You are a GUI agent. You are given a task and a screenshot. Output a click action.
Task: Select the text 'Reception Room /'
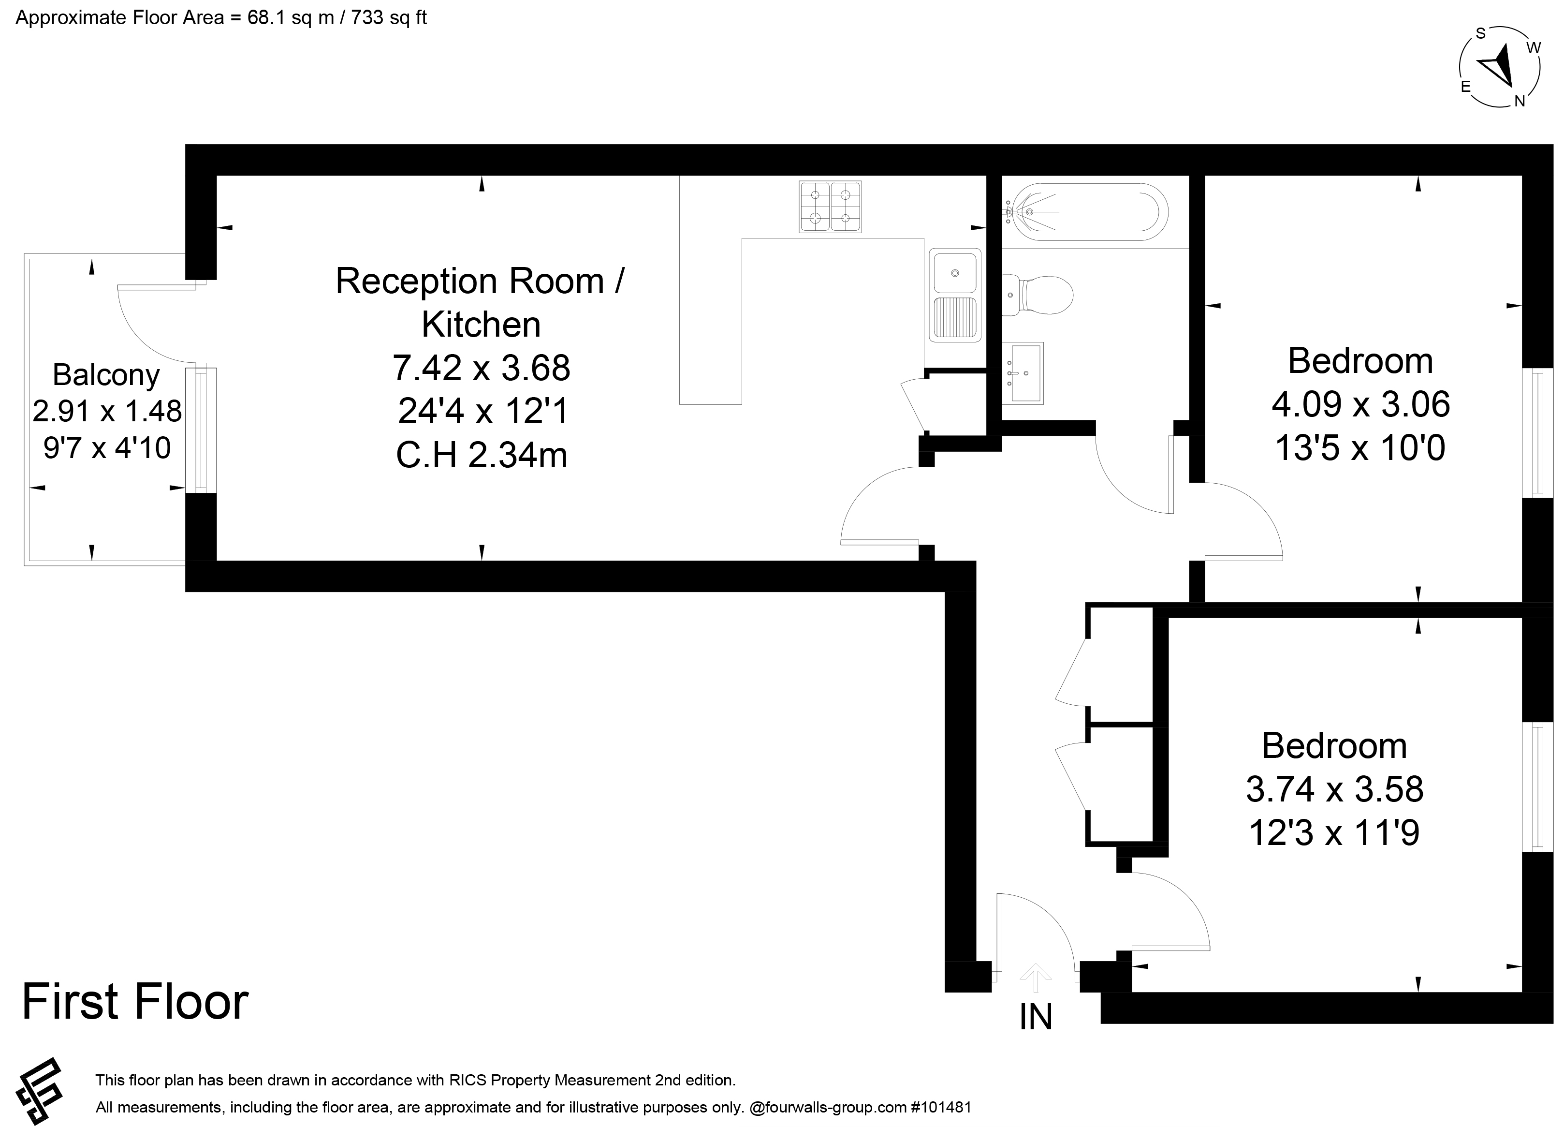480,282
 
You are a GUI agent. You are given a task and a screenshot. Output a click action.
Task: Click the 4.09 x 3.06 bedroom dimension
1360,404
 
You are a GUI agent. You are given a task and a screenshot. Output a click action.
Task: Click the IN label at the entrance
1036,1017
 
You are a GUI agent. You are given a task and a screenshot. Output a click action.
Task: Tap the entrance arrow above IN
1035,978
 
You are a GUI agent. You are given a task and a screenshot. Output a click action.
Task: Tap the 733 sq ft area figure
389,17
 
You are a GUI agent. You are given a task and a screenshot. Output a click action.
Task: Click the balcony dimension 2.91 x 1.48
107,411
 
